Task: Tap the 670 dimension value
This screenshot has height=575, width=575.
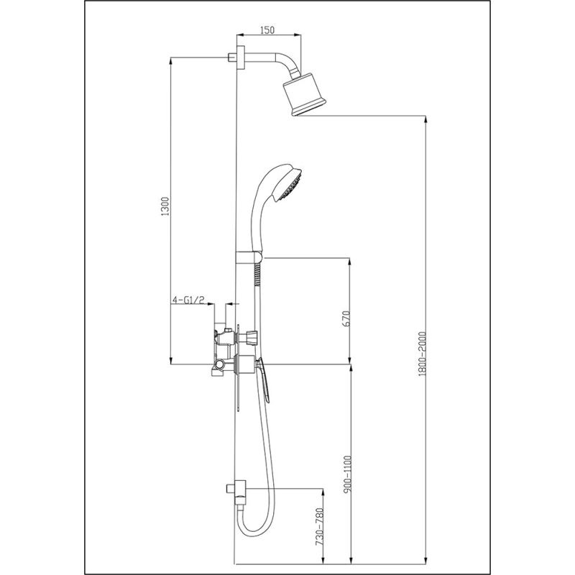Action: point(345,318)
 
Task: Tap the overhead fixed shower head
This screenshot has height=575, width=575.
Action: point(304,93)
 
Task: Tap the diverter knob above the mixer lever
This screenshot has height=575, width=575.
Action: point(251,336)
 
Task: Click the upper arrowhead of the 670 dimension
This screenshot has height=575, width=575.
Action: point(350,261)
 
